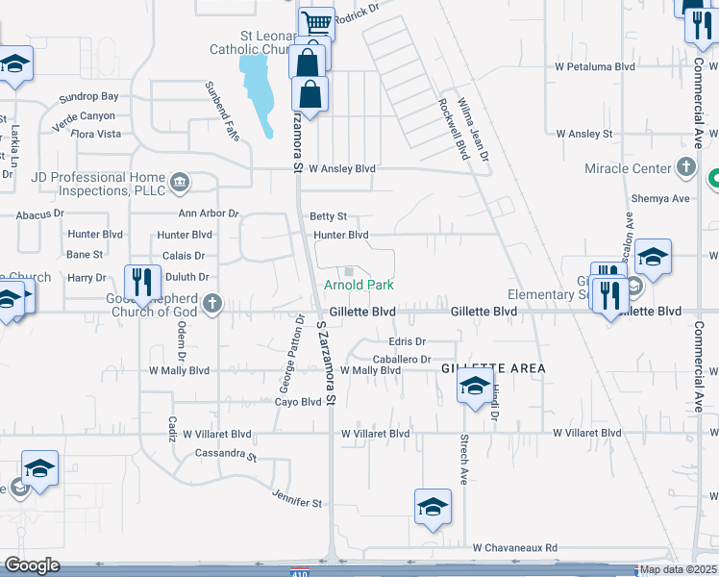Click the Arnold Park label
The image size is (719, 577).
tap(359, 286)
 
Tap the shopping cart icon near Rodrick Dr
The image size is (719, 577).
tap(315, 22)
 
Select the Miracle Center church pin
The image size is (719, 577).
tap(685, 168)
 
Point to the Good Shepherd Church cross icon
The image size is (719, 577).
tap(212, 306)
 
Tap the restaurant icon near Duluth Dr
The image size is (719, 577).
tap(141, 281)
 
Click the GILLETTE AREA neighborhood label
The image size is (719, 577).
tap(493, 368)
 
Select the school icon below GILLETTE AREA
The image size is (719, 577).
tap(475, 387)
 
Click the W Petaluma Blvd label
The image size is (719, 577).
tap(595, 67)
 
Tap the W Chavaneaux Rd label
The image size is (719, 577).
tap(514, 547)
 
